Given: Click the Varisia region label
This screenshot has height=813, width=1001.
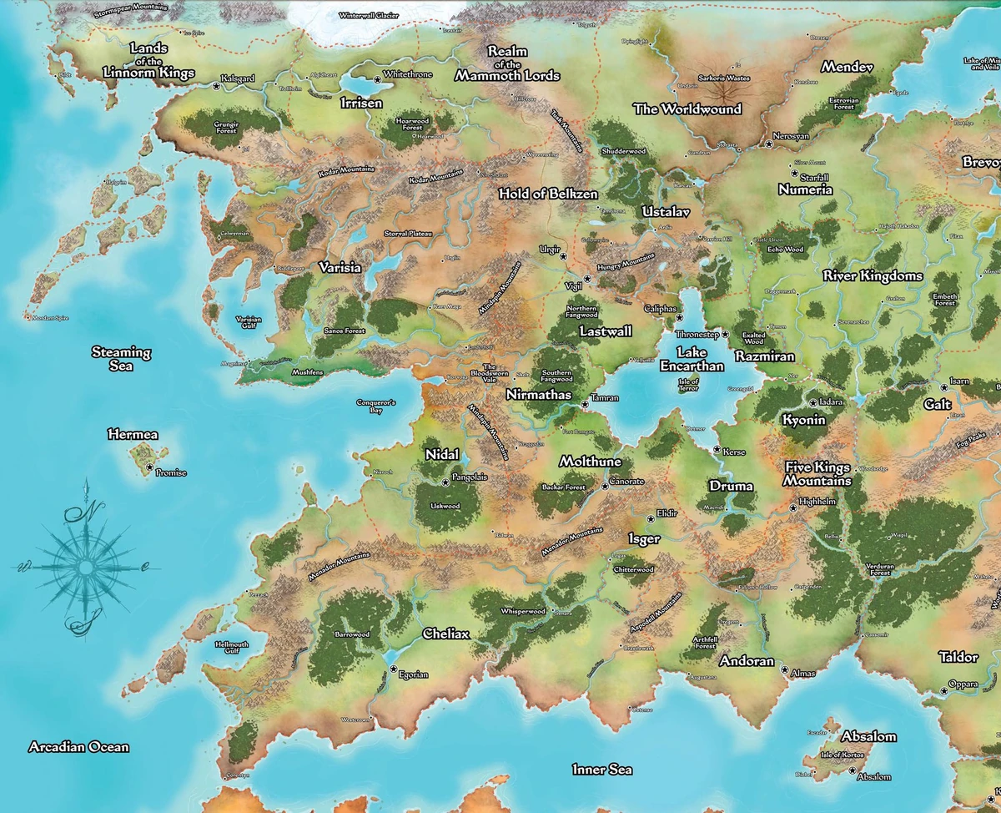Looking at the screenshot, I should tap(340, 268).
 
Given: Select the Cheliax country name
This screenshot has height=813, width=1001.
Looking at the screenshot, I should tap(446, 634).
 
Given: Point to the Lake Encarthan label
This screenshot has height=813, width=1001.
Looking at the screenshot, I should tap(692, 359).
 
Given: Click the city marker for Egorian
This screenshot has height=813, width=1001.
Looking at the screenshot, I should tap(392, 669).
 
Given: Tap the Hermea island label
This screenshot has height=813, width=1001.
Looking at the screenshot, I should tap(133, 435).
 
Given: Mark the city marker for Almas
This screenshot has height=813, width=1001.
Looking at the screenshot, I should tap(784, 669).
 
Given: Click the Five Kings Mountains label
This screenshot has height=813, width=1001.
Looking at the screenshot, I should tap(817, 474).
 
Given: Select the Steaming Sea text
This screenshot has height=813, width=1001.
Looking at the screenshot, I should tap(121, 359).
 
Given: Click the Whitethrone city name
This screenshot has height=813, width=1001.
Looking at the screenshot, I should tap(409, 75).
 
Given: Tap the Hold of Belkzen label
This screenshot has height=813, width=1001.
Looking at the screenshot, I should tap(548, 194).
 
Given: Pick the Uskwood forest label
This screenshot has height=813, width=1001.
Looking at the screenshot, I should tap(444, 506).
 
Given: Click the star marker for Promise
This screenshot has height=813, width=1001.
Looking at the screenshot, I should tap(150, 468).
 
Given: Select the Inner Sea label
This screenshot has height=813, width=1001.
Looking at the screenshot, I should tap(602, 770).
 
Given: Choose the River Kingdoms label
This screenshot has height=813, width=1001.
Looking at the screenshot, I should tap(873, 275).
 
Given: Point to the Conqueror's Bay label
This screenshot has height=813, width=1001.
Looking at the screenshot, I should tap(375, 406).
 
